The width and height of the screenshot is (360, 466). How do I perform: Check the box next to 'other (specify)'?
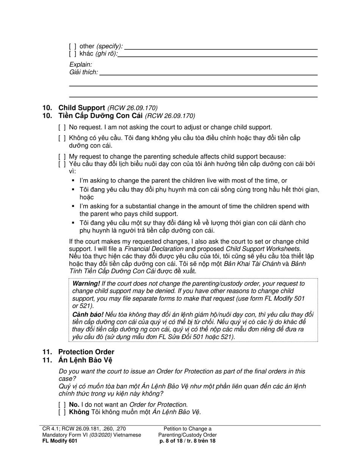pyautogui.click(x=72, y=47)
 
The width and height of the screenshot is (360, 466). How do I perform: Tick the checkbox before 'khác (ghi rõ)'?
pyautogui.click(x=72, y=54)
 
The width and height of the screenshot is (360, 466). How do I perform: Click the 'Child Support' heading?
pyautogui.click(x=81, y=108)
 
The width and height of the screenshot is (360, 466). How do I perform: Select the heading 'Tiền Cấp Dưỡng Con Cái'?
pyautogui.click(x=100, y=116)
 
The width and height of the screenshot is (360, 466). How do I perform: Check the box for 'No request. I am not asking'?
pyautogui.click(x=62, y=128)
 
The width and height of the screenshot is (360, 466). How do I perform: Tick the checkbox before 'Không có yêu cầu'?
pyautogui.click(x=62, y=138)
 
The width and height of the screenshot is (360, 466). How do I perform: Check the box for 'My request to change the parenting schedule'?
pyautogui.click(x=62, y=156)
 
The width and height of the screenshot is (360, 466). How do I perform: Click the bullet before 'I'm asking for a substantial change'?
pyautogui.click(x=73, y=206)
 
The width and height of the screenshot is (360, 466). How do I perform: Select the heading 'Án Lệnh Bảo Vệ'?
pyautogui.click(x=85, y=360)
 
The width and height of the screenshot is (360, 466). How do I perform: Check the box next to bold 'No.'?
pyautogui.click(x=62, y=405)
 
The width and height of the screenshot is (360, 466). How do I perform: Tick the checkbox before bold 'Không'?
pyautogui.click(x=62, y=412)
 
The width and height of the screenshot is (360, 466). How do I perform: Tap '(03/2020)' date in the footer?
pyautogui.click(x=100, y=435)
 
